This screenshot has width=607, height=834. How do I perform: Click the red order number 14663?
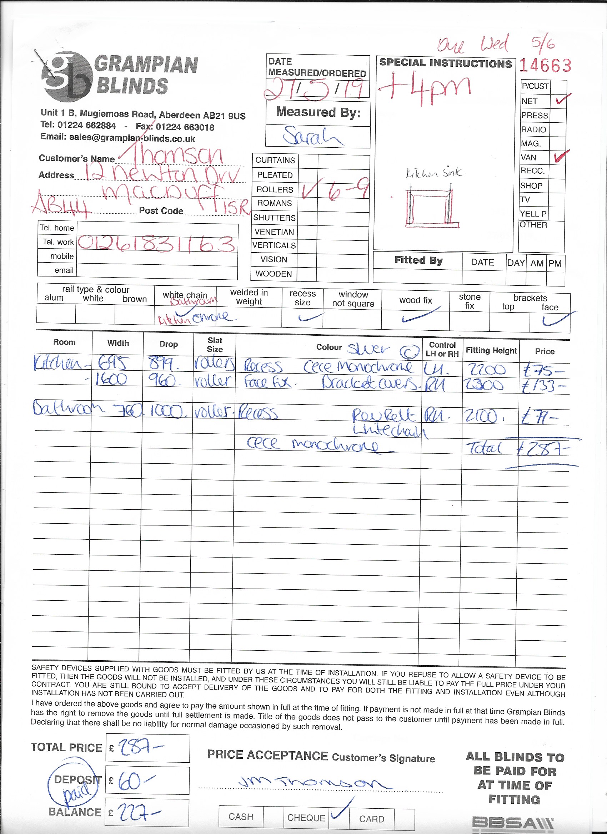pyautogui.click(x=545, y=66)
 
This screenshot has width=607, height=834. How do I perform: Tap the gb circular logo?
pyautogui.click(x=67, y=76)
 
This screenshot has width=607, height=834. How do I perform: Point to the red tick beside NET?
pyautogui.click(x=562, y=99)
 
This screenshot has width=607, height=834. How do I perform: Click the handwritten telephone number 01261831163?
pyautogui.click(x=156, y=243)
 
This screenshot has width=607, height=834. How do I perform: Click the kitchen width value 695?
pyautogui.click(x=113, y=364)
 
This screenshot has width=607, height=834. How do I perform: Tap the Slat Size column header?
pyautogui.click(x=215, y=345)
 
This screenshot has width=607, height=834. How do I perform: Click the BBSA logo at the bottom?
pyautogui.click(x=512, y=823)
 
